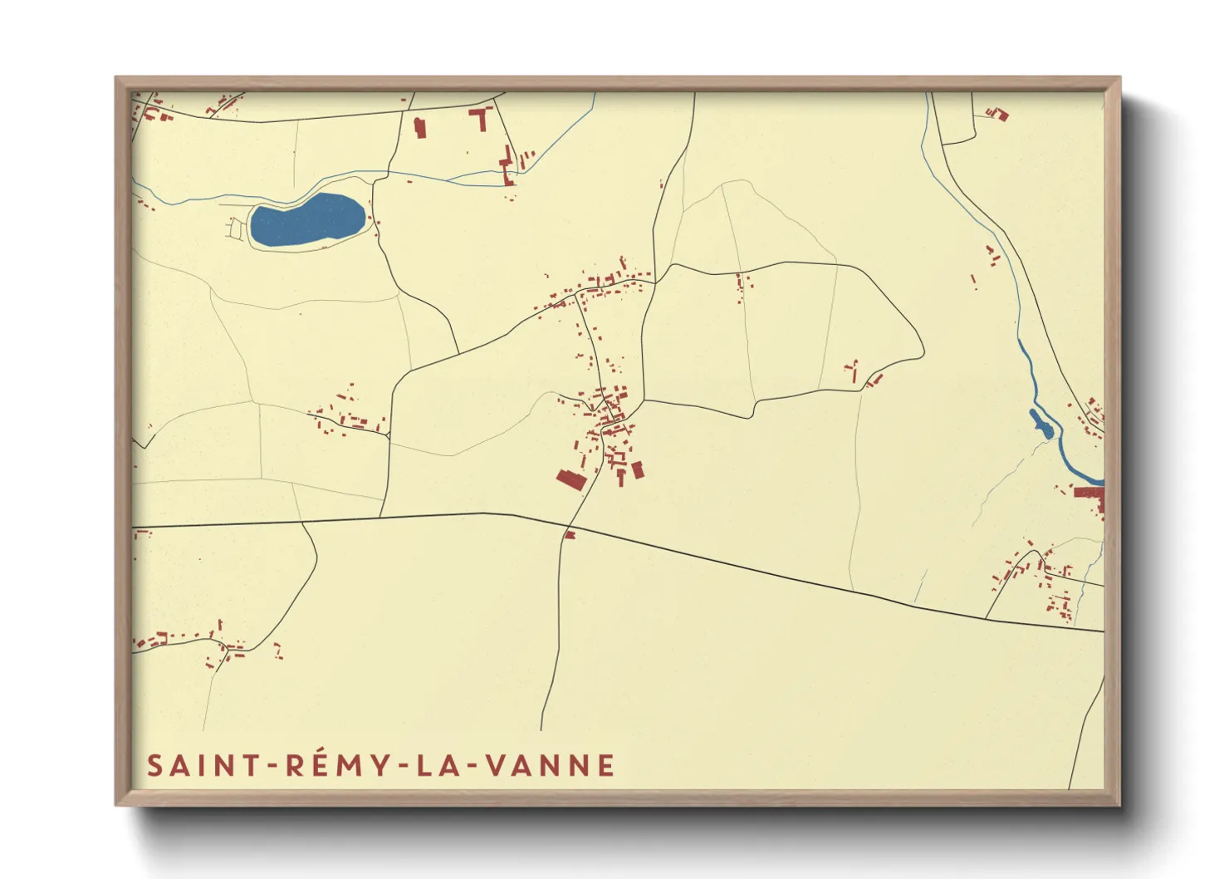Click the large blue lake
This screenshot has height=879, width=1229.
click(x=307, y=220)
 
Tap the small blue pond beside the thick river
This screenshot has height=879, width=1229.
click(x=1041, y=424)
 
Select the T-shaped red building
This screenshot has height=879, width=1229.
click(x=482, y=117)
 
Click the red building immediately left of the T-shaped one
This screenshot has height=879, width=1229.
click(x=419, y=127)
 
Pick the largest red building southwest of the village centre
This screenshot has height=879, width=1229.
click(x=570, y=480)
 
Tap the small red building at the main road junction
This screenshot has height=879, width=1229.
click(x=570, y=535)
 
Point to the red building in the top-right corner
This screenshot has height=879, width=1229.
click(x=999, y=114)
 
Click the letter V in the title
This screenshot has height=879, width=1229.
click(x=493, y=765)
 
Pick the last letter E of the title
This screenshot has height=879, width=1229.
click(x=606, y=765)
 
